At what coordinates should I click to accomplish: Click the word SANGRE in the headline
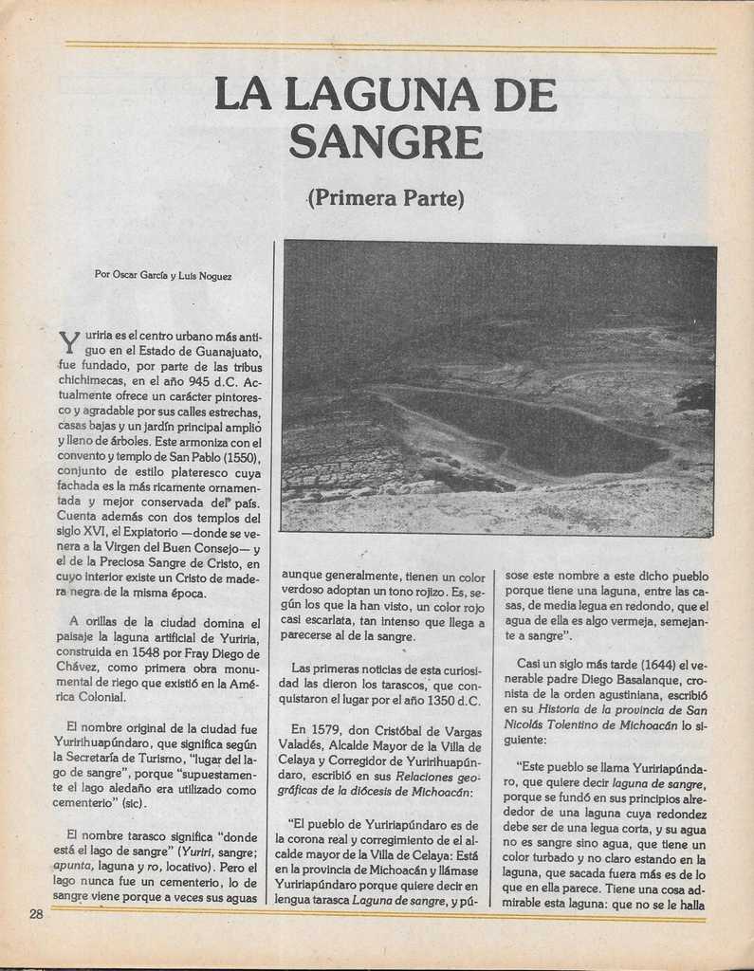point(386,142)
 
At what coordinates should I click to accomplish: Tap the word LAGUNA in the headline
point(386,95)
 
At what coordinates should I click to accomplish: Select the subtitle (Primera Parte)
point(386,198)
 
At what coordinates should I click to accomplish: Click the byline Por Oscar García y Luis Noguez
point(163,275)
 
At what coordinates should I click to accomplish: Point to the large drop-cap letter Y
point(69,342)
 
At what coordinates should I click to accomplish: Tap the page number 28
point(36,914)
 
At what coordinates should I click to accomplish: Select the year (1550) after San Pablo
point(235,457)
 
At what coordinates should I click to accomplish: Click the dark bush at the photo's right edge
point(697,395)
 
